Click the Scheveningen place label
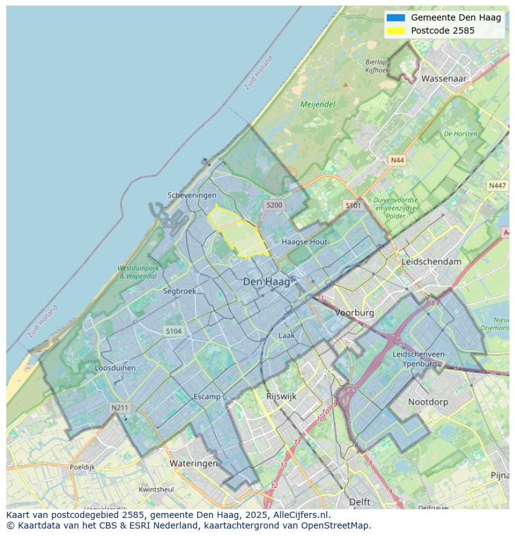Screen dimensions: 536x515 tap(192, 195)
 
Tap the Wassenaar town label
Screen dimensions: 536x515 tap(443, 79)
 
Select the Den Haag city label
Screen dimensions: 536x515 tap(266, 282)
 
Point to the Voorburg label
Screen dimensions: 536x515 tap(355, 313)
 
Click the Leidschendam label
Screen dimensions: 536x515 tap(432, 261)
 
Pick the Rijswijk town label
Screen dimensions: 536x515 tap(281, 396)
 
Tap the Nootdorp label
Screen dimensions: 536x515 tap(428, 402)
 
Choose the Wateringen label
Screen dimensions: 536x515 tap(194, 463)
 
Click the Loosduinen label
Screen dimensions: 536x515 tap(115, 368)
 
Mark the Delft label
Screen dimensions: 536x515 tap(360, 502)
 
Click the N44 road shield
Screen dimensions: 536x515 tap(397, 161)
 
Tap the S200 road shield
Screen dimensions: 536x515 tap(274, 205)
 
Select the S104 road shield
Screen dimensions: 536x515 tap(174, 331)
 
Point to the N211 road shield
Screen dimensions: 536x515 tap(119, 408)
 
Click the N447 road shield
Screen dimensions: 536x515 tap(497, 186)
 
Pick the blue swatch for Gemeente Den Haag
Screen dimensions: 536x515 tap(395, 18)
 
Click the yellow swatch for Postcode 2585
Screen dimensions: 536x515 tap(395, 31)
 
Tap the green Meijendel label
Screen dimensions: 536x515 tap(318, 105)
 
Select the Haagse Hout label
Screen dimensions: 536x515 tap(304, 242)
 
